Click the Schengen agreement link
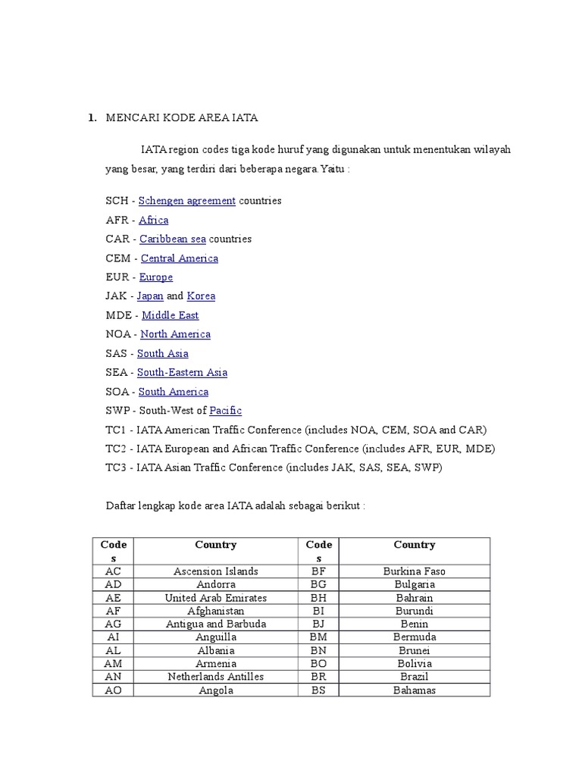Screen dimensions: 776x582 187,201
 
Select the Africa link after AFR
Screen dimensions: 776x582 154,220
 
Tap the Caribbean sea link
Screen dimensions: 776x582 173,239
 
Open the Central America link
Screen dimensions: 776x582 180,258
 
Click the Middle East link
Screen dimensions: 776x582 171,315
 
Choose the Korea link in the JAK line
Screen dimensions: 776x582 202,296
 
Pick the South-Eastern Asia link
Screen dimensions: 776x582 182,372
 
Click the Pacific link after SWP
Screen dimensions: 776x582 226,411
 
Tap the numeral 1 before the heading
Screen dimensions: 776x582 91,117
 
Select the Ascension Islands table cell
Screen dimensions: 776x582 216,571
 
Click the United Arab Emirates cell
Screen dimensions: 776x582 216,598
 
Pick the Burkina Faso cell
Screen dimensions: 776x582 415,571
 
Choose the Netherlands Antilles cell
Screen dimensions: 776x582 216,677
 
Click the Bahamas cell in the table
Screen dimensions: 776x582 415,690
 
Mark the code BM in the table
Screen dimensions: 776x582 319,637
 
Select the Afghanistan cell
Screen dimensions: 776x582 216,611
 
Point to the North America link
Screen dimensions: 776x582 176,334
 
